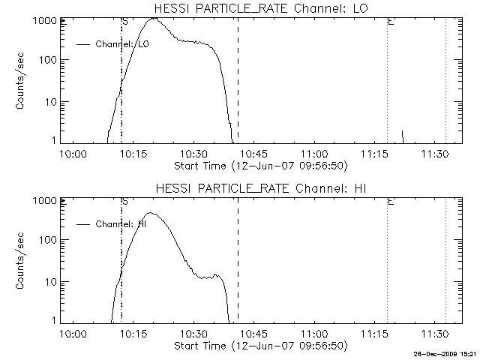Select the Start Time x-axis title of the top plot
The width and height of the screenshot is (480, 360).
[x=259, y=165]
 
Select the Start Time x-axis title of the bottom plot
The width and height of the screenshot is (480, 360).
[x=259, y=345]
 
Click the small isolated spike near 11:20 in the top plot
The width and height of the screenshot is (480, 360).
[x=403, y=136]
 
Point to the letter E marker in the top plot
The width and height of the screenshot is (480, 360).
[x=391, y=22]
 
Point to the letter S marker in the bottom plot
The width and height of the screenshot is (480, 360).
[x=124, y=201]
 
